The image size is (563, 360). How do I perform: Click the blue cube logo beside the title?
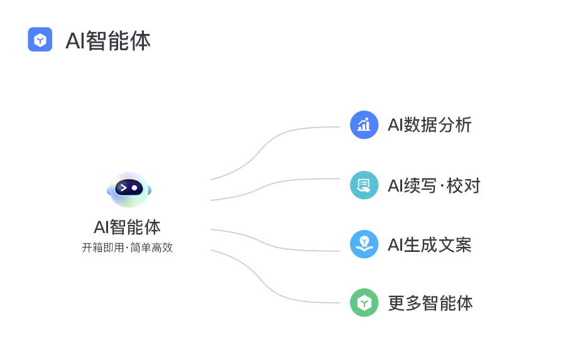point(40,40)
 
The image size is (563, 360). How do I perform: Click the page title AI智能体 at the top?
point(108,41)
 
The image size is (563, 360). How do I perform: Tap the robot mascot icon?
point(129,190)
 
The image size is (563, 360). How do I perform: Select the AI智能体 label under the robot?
point(127,227)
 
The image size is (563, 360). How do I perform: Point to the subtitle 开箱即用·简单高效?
point(127,248)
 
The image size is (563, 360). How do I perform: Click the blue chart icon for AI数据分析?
point(364,124)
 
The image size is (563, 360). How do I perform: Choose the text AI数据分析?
point(429,125)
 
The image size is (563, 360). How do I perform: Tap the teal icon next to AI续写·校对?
point(364,185)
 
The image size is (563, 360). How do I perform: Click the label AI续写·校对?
point(434,185)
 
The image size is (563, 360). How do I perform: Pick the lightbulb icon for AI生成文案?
point(364,244)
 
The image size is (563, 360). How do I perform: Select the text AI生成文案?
point(429,244)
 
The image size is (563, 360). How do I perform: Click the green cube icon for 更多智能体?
point(364,303)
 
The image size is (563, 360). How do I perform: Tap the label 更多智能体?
point(430,303)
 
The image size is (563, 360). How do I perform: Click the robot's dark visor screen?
point(128,188)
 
